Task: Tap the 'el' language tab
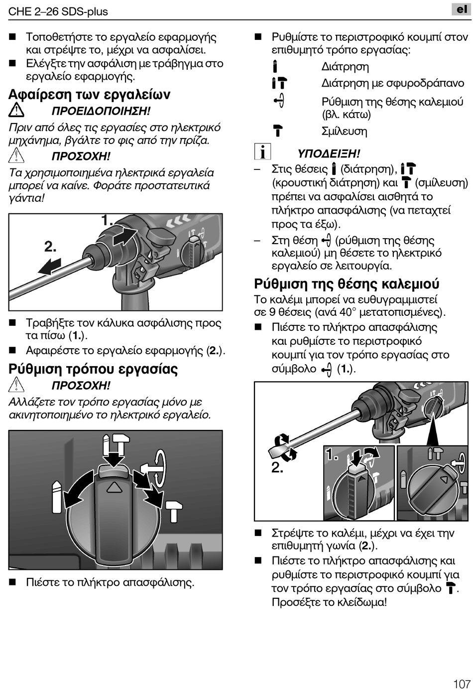(x=462, y=9)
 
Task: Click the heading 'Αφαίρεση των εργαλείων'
(x=90, y=95)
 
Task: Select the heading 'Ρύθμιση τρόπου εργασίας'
(x=93, y=369)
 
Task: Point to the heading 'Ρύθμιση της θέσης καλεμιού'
(x=347, y=284)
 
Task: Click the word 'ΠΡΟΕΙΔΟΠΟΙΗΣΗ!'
(x=101, y=111)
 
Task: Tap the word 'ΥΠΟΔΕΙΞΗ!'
(x=329, y=154)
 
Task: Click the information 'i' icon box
(x=262, y=151)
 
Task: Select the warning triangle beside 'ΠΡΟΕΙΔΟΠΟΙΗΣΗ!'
(x=16, y=110)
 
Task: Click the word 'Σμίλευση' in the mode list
(x=344, y=132)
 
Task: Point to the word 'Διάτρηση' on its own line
(x=345, y=67)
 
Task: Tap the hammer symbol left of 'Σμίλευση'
(x=278, y=131)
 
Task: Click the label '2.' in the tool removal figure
(x=50, y=247)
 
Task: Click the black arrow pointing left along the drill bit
(x=50, y=266)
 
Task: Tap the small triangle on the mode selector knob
(x=114, y=487)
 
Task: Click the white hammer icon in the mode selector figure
(x=174, y=511)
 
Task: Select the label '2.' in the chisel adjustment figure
(x=277, y=467)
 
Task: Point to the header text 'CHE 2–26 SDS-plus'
(x=58, y=11)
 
